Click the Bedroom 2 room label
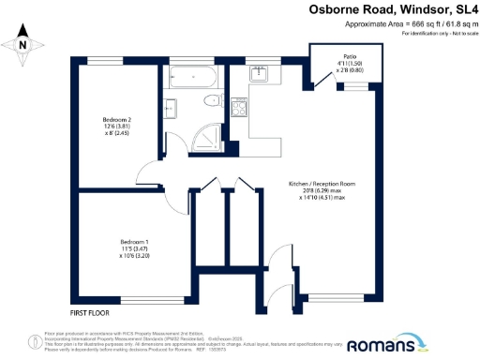116,119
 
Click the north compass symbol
23,42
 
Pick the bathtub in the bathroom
191,79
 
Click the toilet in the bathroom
214,99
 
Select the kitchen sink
261,75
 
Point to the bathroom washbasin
176,101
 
